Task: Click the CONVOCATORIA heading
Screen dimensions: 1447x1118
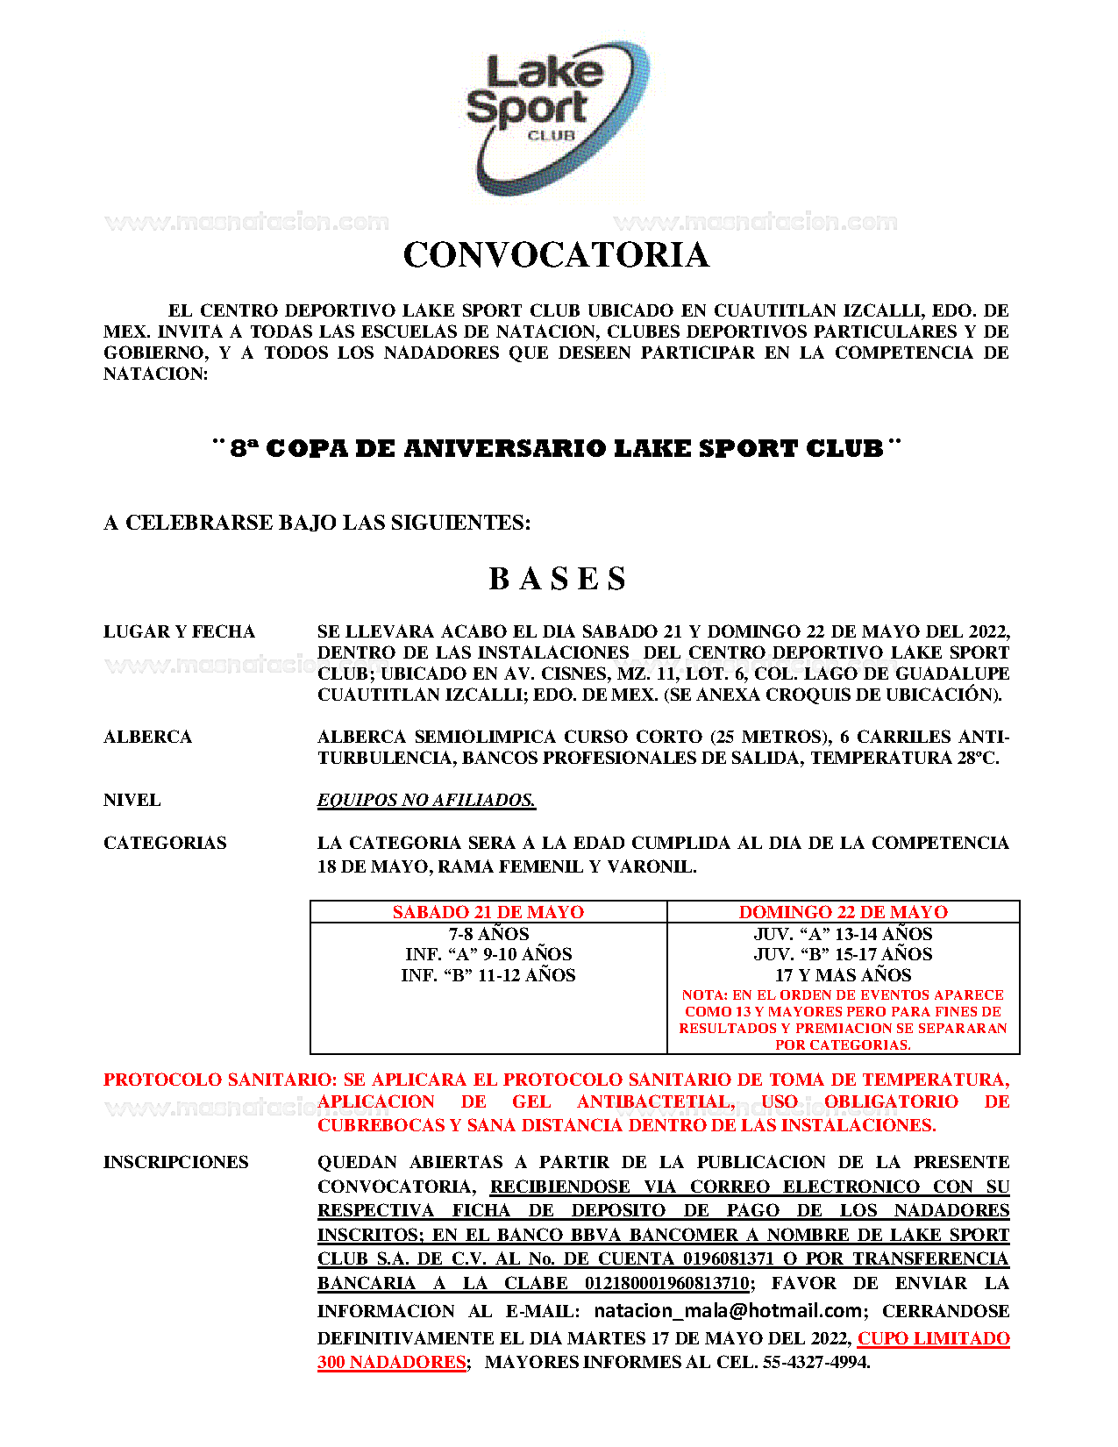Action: coord(556,255)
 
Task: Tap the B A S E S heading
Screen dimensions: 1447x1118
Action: coord(558,579)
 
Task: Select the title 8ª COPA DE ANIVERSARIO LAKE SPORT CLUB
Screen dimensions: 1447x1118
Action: coord(557,449)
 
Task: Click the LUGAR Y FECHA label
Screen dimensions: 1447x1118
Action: coord(179,632)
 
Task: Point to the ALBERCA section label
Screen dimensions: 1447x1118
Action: coord(147,738)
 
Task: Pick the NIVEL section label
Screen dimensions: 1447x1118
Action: coord(132,801)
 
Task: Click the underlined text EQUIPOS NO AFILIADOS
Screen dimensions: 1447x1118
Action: coord(426,801)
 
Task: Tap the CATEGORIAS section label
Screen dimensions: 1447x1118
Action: coord(165,844)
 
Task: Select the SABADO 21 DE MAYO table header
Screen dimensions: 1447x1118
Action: coord(488,912)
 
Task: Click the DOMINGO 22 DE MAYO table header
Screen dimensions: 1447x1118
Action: coord(843,912)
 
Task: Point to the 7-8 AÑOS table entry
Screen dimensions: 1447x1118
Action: coord(488,934)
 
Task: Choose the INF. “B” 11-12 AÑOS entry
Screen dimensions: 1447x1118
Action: coord(488,975)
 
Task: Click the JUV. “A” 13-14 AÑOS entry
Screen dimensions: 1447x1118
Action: coord(843,934)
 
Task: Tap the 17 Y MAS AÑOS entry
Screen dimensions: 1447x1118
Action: coord(843,975)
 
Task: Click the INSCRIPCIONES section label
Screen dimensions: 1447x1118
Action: coord(176,1163)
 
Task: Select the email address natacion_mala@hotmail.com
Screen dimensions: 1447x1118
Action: coord(728,1311)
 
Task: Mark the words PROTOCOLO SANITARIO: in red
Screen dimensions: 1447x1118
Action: coord(220,1080)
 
